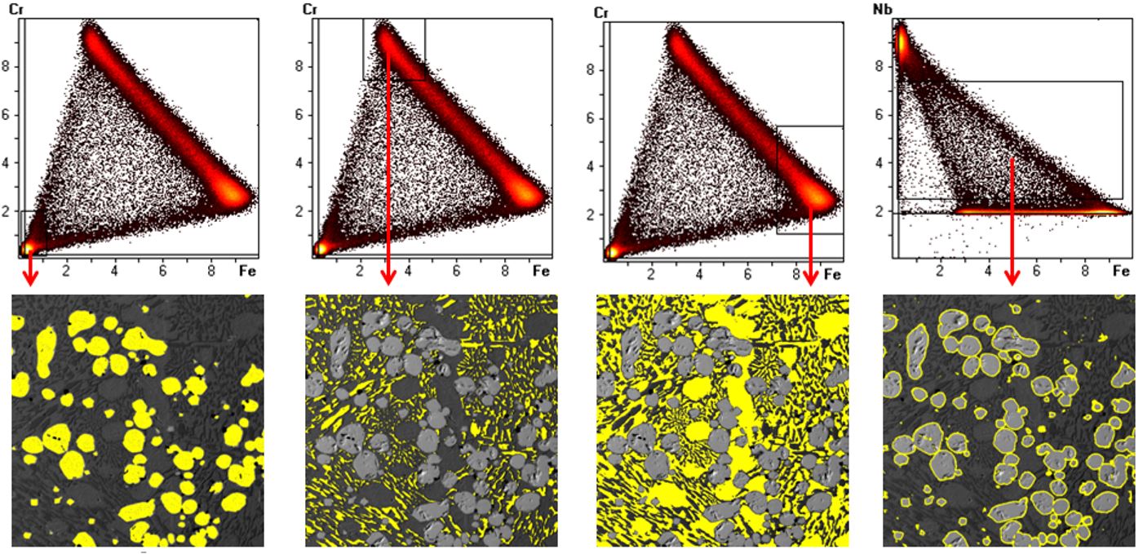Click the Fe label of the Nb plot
1122,272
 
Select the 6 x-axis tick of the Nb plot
1037,272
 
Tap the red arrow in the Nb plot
1012,220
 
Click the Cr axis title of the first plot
16,9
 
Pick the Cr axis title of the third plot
601,13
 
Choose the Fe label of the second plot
539,271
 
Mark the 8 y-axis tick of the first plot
7,66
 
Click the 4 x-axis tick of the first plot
114,270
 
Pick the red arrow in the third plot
810,245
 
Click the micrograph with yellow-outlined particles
1008,420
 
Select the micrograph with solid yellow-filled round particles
138,420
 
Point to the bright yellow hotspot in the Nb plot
902,41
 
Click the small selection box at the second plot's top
394,49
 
